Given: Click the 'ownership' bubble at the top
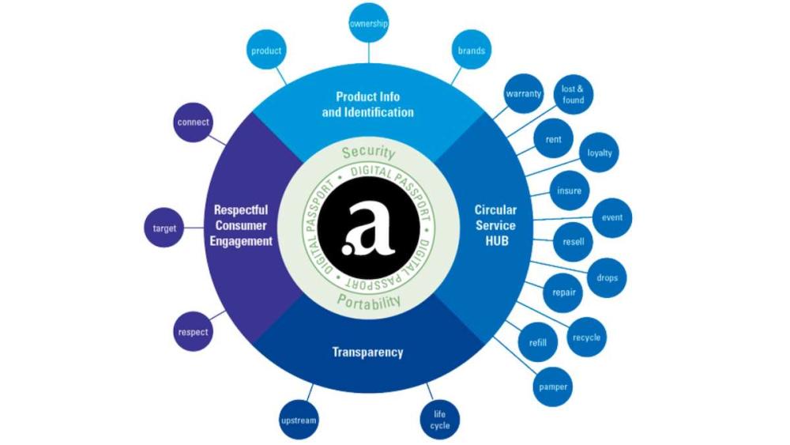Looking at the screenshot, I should [368, 24].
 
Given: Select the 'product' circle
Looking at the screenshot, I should [266, 51].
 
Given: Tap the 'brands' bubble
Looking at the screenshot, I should [472, 51].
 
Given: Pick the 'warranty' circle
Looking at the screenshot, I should [523, 94].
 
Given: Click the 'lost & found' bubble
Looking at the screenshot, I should [573, 95].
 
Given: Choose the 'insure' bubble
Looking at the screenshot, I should [569, 190].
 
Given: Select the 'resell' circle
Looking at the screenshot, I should [573, 242].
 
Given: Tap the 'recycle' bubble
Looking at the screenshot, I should [586, 338].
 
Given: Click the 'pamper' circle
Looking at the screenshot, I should [553, 387].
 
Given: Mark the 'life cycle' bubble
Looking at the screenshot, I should [440, 420].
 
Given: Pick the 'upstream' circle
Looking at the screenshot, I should [299, 420].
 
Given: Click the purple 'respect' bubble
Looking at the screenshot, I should [193, 332].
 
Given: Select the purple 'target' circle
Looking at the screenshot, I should [164, 229].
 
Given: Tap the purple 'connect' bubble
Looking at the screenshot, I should [193, 123].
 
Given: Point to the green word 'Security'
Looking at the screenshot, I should [368, 153].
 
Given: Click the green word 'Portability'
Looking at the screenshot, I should [368, 301].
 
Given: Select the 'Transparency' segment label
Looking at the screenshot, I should [368, 352].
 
